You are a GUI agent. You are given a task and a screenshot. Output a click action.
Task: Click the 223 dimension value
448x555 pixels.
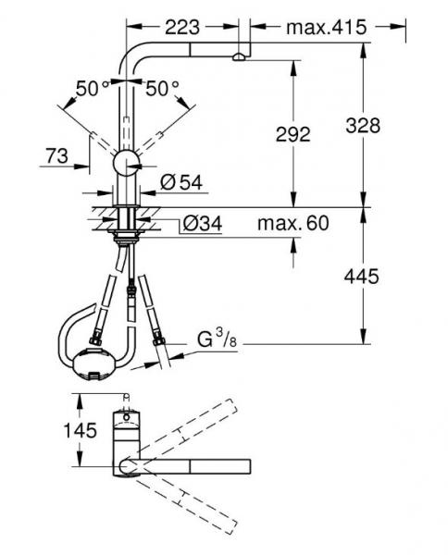click(x=182, y=27)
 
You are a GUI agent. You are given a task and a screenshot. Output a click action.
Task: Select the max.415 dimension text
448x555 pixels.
click(x=326, y=27)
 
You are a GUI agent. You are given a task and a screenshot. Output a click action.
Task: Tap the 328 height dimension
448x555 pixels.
click(x=363, y=125)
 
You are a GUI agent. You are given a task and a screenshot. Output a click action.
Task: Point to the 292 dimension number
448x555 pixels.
click(x=292, y=134)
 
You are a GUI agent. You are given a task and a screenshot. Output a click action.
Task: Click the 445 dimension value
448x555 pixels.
click(x=362, y=276)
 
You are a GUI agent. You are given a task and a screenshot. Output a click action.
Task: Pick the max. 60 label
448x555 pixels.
click(x=293, y=223)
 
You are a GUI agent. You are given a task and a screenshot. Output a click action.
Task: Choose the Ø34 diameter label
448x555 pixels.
click(x=203, y=224)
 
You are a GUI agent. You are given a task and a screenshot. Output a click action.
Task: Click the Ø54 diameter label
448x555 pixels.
click(x=181, y=182)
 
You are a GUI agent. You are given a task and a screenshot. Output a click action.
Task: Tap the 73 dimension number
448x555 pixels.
click(x=56, y=155)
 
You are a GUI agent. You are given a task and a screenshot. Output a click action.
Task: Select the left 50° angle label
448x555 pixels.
click(x=93, y=89)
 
